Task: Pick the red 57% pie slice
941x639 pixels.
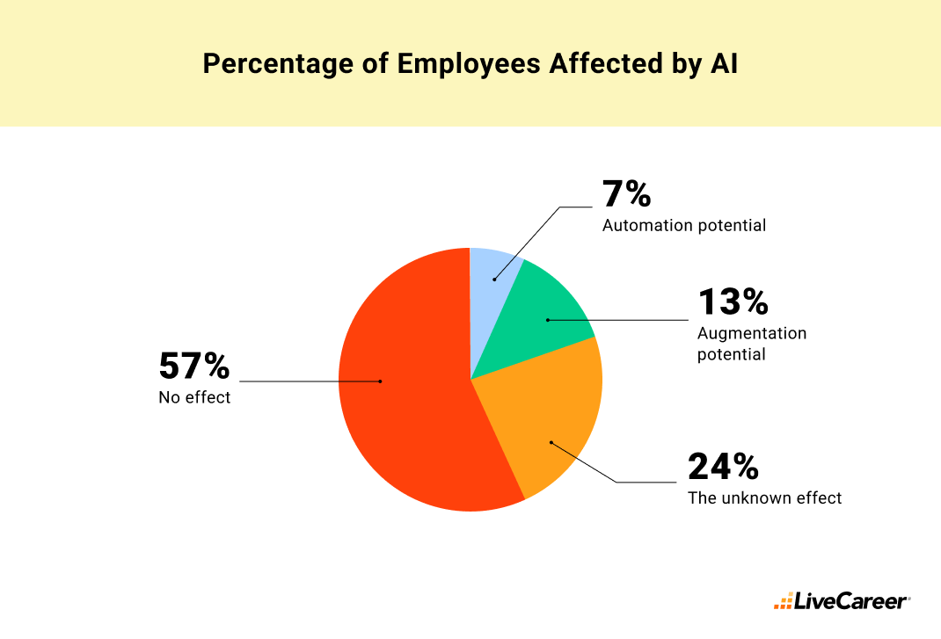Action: point(405,396)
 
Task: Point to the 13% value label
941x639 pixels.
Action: point(733,301)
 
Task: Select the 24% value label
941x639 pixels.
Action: point(723,467)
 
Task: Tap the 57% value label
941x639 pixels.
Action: point(194,366)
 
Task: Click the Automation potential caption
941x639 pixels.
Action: point(683,226)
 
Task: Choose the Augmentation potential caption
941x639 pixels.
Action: point(751,344)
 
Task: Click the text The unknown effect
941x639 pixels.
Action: point(764,498)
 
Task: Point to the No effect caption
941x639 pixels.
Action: point(194,397)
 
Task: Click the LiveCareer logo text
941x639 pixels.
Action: point(851,602)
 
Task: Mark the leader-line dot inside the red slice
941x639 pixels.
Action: point(380,381)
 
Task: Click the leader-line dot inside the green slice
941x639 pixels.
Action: point(546,320)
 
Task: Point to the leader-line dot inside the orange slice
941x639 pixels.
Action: point(551,442)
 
